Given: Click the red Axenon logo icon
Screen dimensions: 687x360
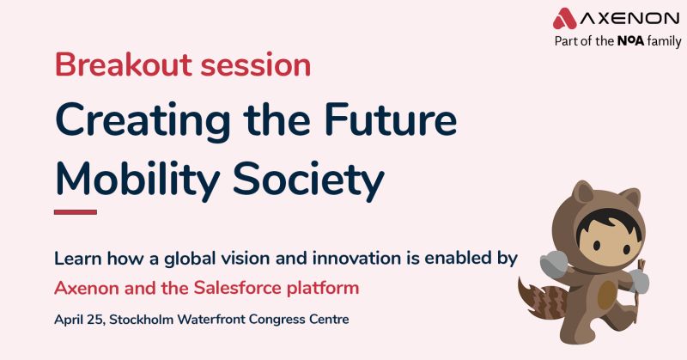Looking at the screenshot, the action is [565, 18].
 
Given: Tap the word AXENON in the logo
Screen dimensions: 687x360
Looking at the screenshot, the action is [630, 18].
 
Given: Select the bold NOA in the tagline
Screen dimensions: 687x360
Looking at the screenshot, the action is [630, 41].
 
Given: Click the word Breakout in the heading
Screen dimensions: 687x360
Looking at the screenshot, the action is [124, 64].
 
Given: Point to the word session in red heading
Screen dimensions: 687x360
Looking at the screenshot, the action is [255, 65].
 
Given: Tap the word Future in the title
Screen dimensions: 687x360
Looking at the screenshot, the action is [391, 119].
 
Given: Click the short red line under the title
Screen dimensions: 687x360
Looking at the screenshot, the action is [76, 212].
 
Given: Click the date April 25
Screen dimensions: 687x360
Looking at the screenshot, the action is [80, 320].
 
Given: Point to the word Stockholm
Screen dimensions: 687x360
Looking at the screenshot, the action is [142, 320].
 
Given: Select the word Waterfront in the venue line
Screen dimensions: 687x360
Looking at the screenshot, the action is [211, 320].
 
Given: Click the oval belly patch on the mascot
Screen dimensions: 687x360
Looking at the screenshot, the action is [607, 295].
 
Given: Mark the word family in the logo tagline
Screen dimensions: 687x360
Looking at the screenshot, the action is [664, 41].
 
